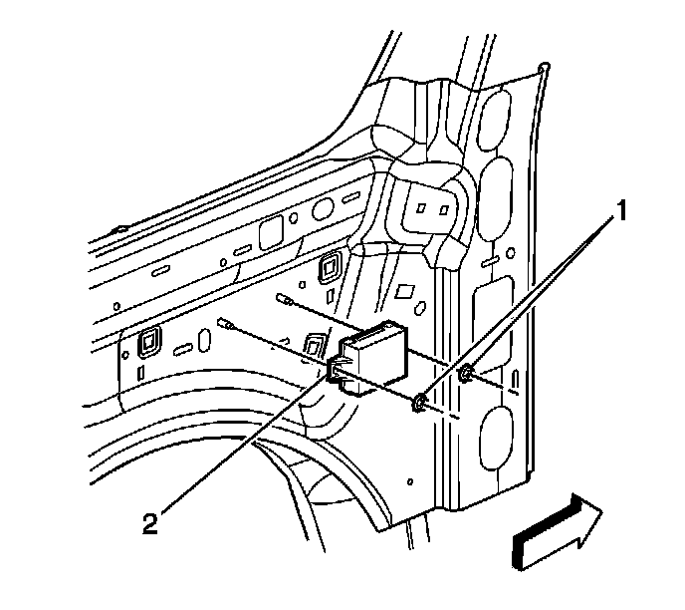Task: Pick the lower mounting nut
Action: [421, 403]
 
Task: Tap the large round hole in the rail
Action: [321, 210]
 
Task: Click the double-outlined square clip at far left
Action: [149, 341]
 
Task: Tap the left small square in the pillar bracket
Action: [421, 210]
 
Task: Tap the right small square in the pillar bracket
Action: [441, 210]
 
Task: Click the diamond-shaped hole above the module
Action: [405, 293]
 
